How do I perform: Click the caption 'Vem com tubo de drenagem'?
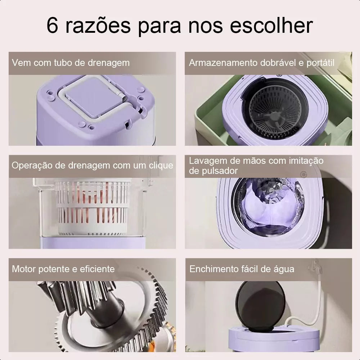71,63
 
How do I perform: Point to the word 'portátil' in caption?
320,63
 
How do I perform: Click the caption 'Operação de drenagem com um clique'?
92,166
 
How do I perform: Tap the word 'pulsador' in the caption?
213,171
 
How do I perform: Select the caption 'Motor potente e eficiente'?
63,269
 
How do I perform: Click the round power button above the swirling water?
303,175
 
